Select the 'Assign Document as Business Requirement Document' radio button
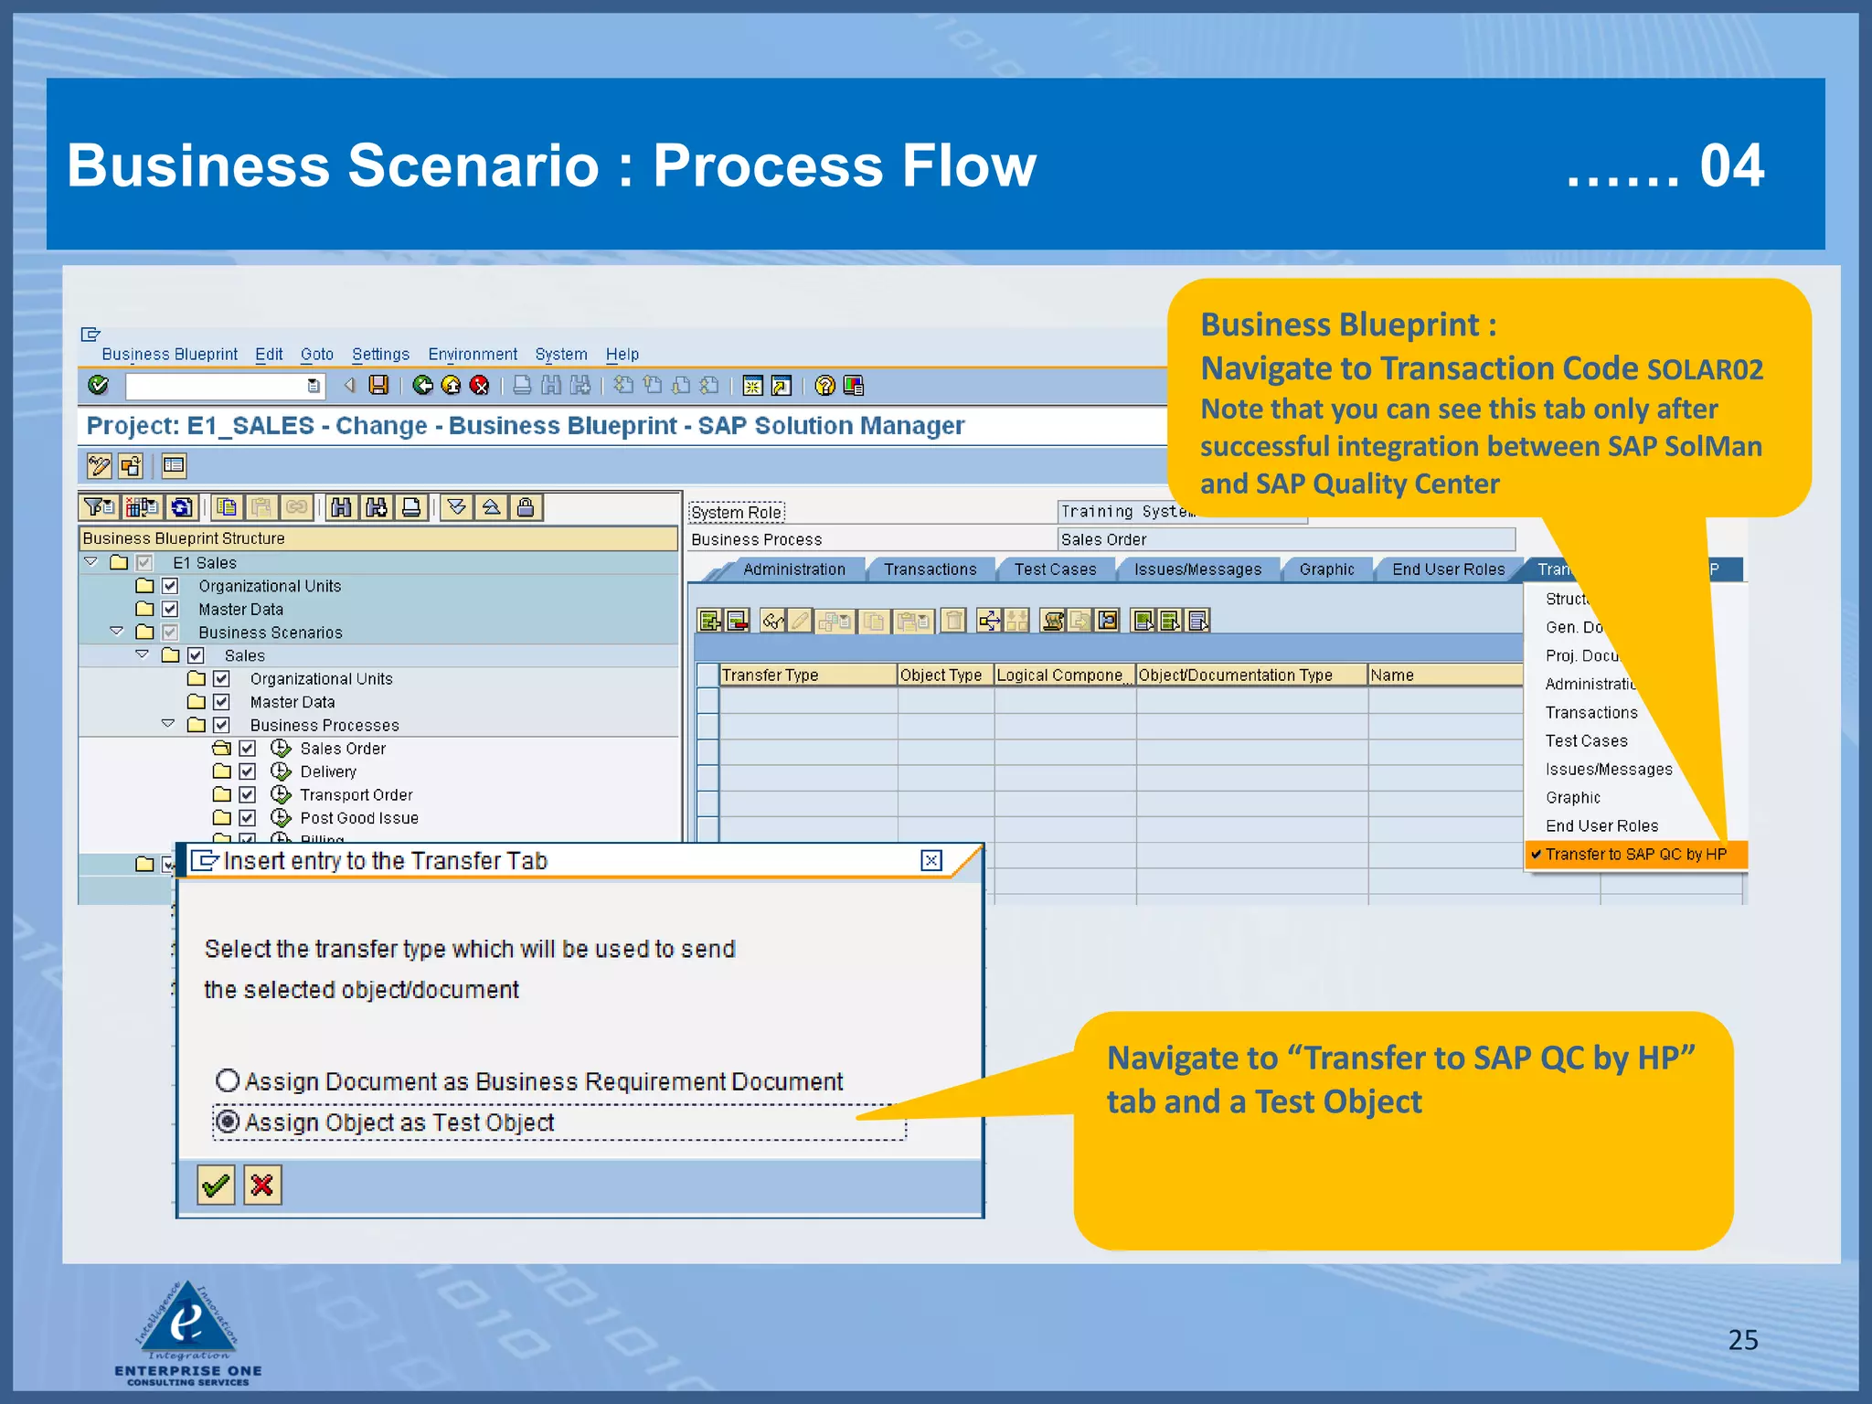[228, 1080]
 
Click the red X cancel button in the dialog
[262, 1186]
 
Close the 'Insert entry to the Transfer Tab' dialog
[931, 860]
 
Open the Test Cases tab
[1055, 569]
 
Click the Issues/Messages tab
[1197, 569]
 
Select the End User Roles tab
[1448, 569]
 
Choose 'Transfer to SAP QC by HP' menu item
[1635, 854]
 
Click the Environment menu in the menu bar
[473, 354]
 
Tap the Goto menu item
[316, 354]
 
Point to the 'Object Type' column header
[941, 675]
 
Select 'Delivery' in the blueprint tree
[328, 771]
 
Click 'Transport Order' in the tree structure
[356, 795]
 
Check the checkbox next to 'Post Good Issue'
[248, 818]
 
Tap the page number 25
[1742, 1339]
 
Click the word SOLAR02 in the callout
[1705, 369]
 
